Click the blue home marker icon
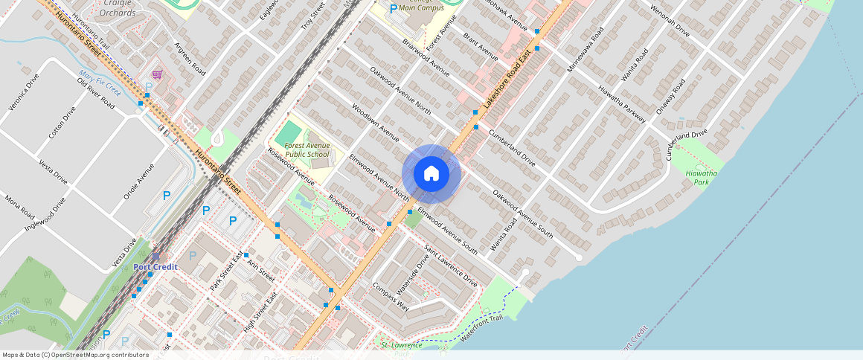tap(431, 174)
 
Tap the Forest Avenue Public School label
tap(307, 150)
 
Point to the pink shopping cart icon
tap(157, 74)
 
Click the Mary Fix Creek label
tap(99, 82)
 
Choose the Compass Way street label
tap(391, 297)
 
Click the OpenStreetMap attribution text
tap(76, 355)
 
